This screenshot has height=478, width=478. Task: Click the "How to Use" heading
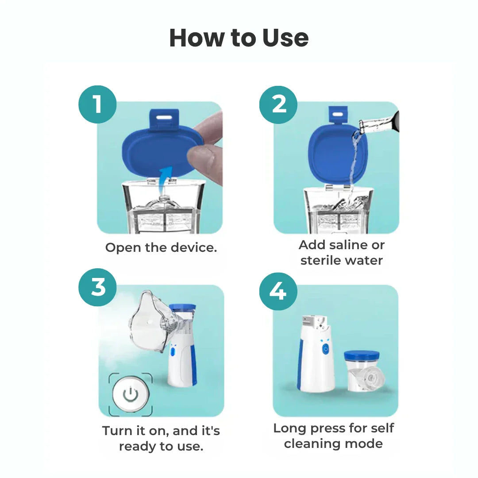click(239, 38)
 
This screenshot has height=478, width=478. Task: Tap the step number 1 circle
click(97, 105)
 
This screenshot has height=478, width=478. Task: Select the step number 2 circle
click(279, 104)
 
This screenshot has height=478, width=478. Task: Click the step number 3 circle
click(98, 288)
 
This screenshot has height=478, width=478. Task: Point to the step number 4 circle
click(278, 291)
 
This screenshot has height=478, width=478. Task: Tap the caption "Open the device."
click(161, 247)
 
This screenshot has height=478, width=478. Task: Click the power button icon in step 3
click(130, 394)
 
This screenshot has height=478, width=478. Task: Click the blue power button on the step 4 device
click(326, 349)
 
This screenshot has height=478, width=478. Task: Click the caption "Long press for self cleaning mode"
click(333, 436)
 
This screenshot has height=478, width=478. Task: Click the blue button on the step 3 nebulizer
click(173, 352)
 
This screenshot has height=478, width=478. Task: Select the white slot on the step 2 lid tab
click(338, 114)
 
